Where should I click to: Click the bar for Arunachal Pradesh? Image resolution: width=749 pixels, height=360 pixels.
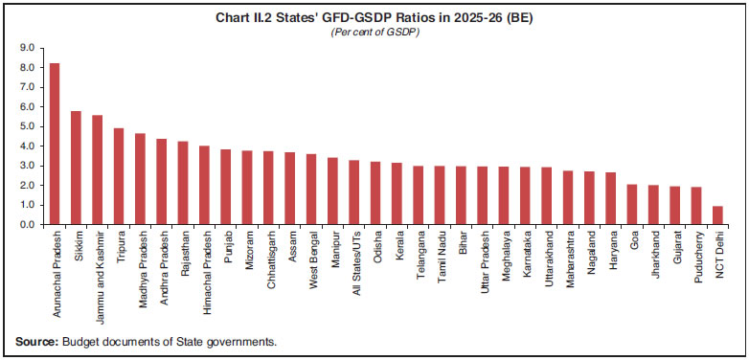[x=55, y=144]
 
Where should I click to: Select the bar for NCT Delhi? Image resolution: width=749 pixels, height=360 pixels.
[x=717, y=215]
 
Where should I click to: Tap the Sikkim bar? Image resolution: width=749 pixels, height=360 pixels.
[x=76, y=168]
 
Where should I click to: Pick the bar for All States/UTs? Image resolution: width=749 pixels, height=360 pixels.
[x=353, y=192]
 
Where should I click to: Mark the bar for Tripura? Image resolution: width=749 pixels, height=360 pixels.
[x=119, y=176]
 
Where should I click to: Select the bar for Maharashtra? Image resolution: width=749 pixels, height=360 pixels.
[x=568, y=197]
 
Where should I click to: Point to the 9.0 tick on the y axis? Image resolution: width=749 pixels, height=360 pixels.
[x=26, y=47]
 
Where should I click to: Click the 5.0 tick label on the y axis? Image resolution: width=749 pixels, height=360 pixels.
[x=26, y=126]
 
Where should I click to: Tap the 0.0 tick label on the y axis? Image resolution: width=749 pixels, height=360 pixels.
[x=26, y=225]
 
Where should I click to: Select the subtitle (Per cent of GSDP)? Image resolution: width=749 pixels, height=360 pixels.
[x=374, y=32]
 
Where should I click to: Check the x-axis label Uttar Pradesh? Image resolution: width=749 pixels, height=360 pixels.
[x=482, y=259]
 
